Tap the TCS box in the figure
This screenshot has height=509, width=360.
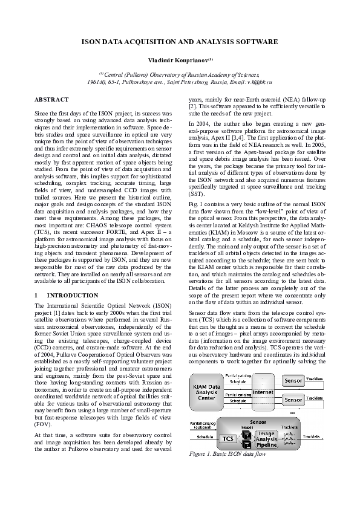[x=228, y=438]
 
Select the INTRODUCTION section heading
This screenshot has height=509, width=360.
[x=64, y=295]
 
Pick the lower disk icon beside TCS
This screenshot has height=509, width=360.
[x=246, y=442]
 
